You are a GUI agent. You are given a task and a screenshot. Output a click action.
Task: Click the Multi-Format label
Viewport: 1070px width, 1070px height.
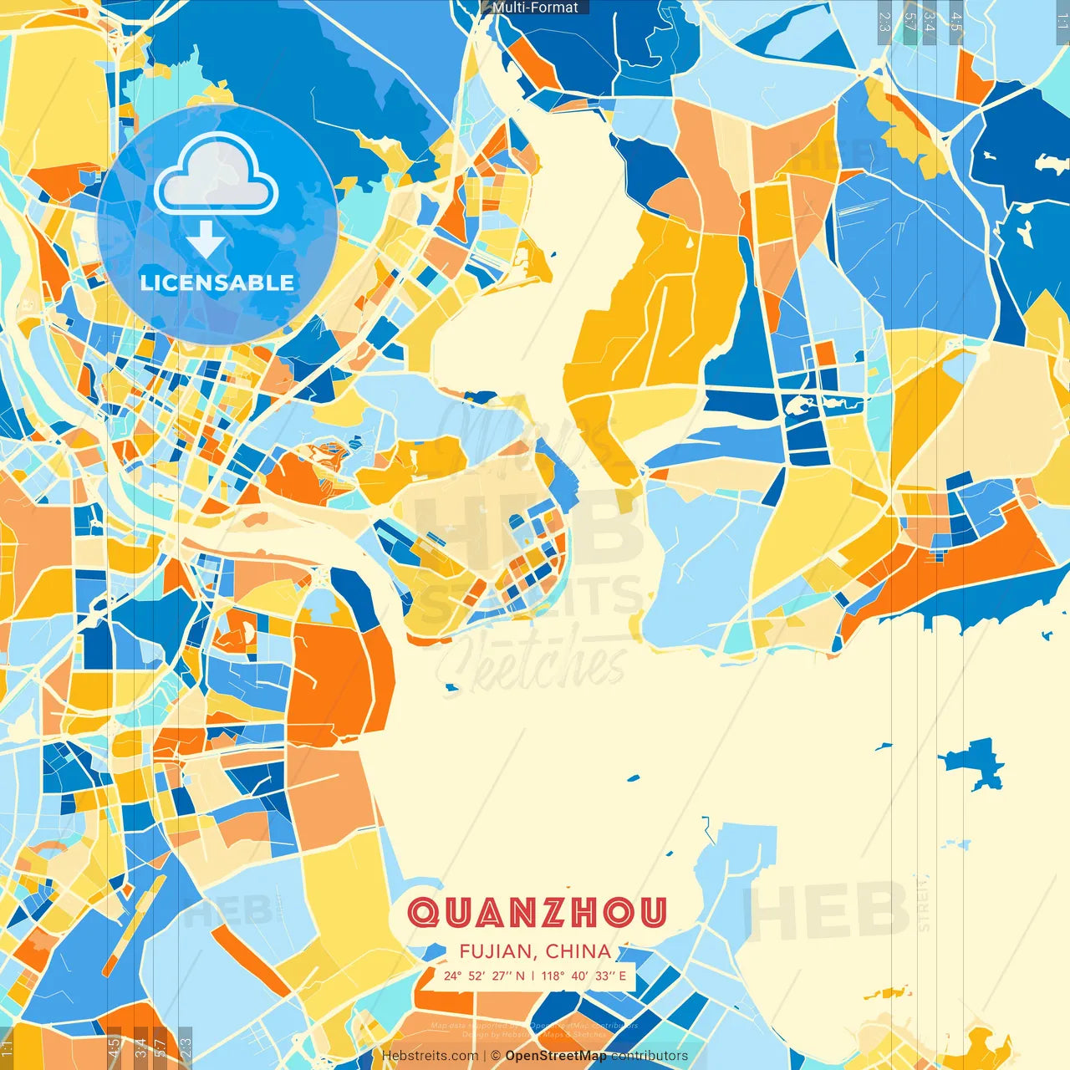click(x=535, y=8)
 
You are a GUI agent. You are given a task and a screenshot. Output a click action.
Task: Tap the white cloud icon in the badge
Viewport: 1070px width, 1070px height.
click(x=217, y=174)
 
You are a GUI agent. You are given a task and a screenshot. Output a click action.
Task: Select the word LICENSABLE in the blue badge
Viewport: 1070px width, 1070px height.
click(x=217, y=283)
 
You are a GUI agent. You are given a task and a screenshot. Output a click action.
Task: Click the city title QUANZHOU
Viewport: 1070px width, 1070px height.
click(x=538, y=912)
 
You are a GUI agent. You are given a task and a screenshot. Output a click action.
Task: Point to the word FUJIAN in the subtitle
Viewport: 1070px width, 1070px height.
click(x=495, y=951)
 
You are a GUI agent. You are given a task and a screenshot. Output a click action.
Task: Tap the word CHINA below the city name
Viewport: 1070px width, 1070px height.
click(x=578, y=951)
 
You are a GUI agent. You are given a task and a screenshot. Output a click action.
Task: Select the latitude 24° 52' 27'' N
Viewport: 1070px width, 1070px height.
click(x=485, y=976)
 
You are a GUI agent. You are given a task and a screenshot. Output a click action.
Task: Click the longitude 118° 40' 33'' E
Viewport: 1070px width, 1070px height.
click(x=583, y=976)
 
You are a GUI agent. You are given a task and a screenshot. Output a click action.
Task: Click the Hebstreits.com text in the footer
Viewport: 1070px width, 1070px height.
click(x=430, y=1056)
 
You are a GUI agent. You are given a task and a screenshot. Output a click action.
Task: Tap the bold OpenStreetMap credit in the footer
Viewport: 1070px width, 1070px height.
click(x=556, y=1056)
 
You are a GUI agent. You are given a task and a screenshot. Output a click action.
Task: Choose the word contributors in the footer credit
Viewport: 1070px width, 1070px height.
click(x=650, y=1056)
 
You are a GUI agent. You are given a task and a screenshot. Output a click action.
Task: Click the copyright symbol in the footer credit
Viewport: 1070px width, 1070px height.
click(x=496, y=1056)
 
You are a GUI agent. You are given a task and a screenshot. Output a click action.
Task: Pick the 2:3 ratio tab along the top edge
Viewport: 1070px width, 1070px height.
click(x=884, y=21)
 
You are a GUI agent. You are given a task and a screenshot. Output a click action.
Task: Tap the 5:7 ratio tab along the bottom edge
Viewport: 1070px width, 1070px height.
click(x=160, y=1047)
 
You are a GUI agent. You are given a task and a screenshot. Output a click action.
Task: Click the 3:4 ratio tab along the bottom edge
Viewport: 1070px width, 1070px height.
click(x=140, y=1047)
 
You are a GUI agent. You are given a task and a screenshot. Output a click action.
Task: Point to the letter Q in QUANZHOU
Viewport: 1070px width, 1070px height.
click(x=423, y=912)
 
